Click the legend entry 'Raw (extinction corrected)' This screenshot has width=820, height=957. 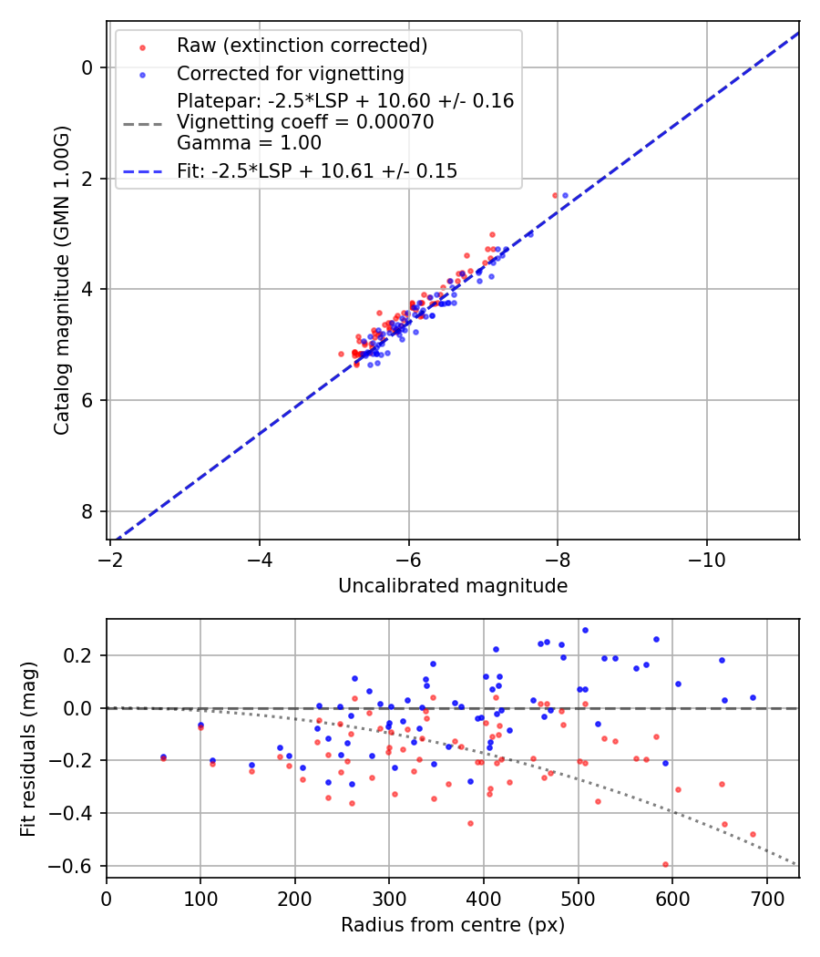(302, 46)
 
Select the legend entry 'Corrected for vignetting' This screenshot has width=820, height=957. (290, 73)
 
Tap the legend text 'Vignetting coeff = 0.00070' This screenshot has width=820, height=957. (305, 121)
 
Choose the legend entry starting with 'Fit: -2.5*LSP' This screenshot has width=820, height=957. (317, 170)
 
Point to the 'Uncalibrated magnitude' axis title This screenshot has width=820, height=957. (453, 586)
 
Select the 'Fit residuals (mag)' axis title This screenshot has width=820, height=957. (28, 747)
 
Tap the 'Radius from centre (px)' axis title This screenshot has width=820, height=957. (453, 925)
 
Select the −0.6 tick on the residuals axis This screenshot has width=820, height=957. (77, 866)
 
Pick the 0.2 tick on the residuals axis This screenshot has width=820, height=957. (82, 655)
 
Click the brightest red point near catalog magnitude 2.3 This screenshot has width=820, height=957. (555, 195)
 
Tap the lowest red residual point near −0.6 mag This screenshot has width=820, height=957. (665, 864)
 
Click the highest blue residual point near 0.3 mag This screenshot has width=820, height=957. (585, 630)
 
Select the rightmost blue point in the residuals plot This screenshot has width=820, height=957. (753, 697)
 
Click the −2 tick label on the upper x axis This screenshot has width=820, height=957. (110, 558)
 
